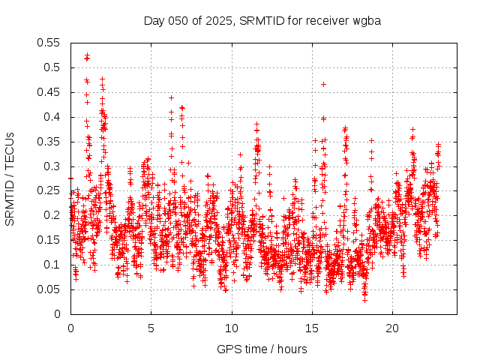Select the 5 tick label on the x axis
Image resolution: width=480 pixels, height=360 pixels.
(151, 328)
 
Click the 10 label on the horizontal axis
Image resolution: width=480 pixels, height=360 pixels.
(232, 328)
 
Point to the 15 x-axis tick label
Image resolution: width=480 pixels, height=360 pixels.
(312, 328)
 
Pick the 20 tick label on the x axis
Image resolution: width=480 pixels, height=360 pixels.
(392, 328)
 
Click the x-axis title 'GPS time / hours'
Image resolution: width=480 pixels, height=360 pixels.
(262, 349)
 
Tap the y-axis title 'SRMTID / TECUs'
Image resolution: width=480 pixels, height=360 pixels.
(10, 178)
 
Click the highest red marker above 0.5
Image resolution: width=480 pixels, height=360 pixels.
(87, 55)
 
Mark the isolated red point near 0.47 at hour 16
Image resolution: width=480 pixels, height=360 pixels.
(323, 84)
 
